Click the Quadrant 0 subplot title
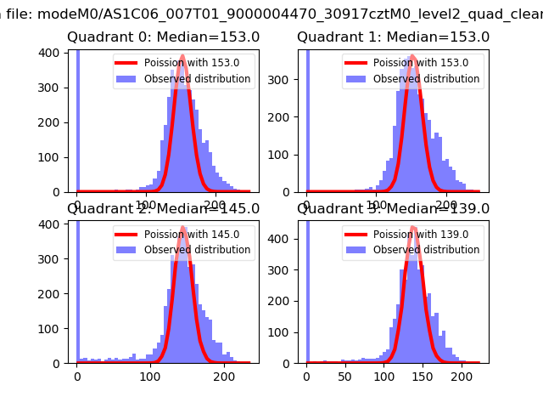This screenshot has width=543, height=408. [164, 37]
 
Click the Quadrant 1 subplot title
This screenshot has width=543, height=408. [393, 37]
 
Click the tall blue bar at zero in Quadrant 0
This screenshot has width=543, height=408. [77, 119]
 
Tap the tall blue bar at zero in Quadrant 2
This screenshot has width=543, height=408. [77, 289]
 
